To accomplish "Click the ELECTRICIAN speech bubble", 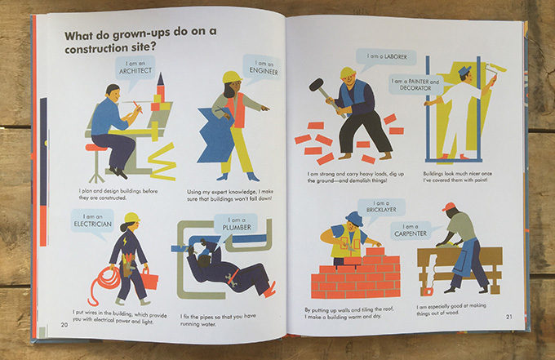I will pyautogui.click(x=90, y=221).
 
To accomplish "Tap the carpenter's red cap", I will pyautogui.click(x=448, y=207).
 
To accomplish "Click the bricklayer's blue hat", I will pyautogui.click(x=354, y=218).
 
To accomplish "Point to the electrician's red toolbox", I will pyautogui.click(x=149, y=280).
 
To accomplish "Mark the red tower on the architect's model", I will pyautogui.click(x=161, y=88).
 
